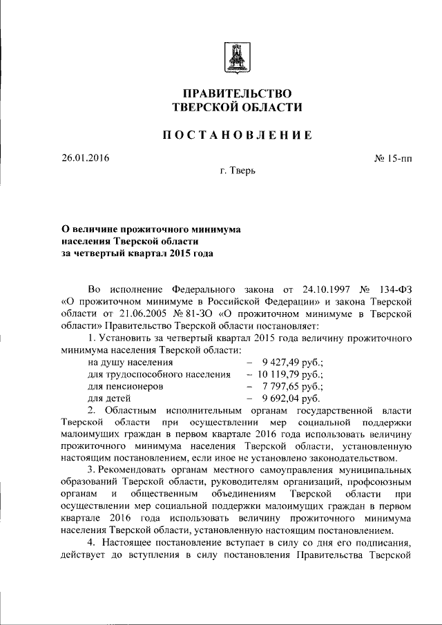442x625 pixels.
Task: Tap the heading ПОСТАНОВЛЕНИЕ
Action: pos(238,135)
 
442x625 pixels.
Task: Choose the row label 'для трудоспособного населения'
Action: pos(159,374)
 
